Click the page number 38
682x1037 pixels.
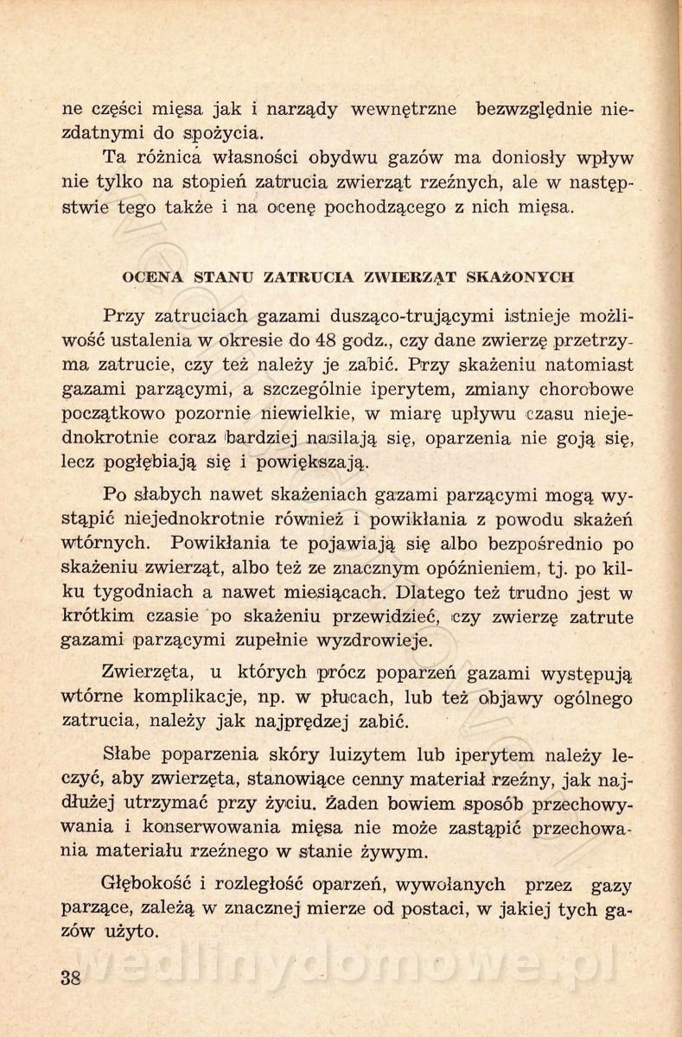coord(73,979)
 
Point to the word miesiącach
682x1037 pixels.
coord(336,592)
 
